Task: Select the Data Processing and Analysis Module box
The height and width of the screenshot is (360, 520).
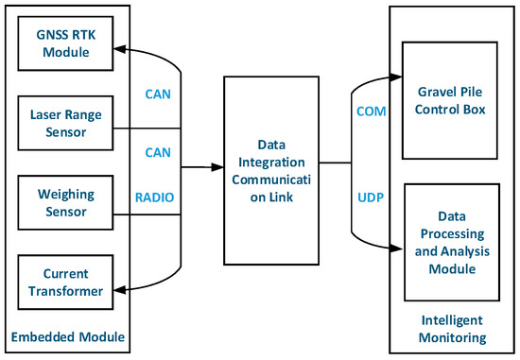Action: pos(449,242)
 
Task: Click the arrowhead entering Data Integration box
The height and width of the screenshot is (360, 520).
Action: pos(217,168)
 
